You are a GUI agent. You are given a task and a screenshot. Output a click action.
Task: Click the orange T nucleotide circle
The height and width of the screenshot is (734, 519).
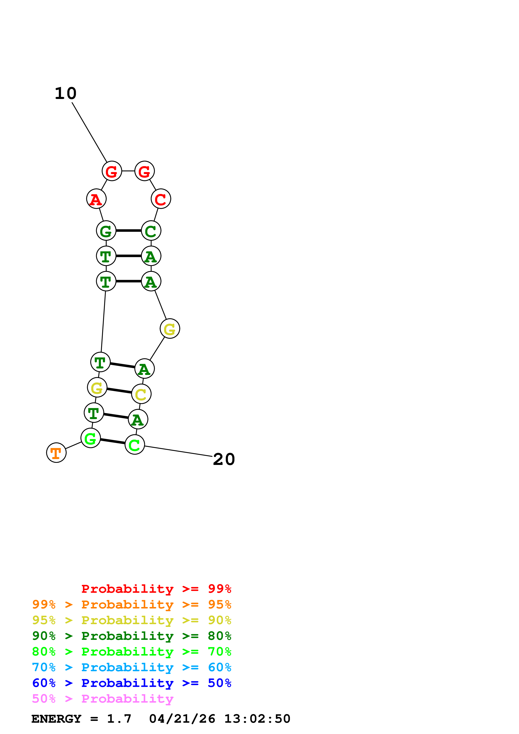point(56,453)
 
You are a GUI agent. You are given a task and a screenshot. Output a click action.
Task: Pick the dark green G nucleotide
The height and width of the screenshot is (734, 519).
point(106,231)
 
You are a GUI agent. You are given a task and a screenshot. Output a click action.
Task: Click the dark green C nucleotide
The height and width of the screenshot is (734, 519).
point(151,231)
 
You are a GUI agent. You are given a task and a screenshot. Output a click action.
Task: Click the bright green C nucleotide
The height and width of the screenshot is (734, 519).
point(135,444)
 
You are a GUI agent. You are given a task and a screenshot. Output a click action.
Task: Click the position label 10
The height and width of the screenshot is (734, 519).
point(66,93)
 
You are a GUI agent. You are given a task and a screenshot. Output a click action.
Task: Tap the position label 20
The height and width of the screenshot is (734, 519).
point(224,459)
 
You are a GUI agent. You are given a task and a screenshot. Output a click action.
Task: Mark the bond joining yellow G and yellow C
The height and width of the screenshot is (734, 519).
point(119,390)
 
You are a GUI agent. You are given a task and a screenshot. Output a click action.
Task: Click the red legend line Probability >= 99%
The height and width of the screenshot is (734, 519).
point(156,589)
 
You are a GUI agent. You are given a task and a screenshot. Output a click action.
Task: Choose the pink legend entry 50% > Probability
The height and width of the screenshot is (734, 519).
point(103,699)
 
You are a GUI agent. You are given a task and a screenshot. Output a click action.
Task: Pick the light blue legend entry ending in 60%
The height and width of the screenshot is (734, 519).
point(131,667)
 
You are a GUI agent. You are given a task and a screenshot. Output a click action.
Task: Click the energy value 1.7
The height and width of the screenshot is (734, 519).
point(119,719)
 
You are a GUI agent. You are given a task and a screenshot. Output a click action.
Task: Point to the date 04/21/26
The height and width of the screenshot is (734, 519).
point(182,719)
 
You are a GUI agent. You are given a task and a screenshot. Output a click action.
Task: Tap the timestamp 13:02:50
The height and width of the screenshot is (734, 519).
point(257,719)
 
